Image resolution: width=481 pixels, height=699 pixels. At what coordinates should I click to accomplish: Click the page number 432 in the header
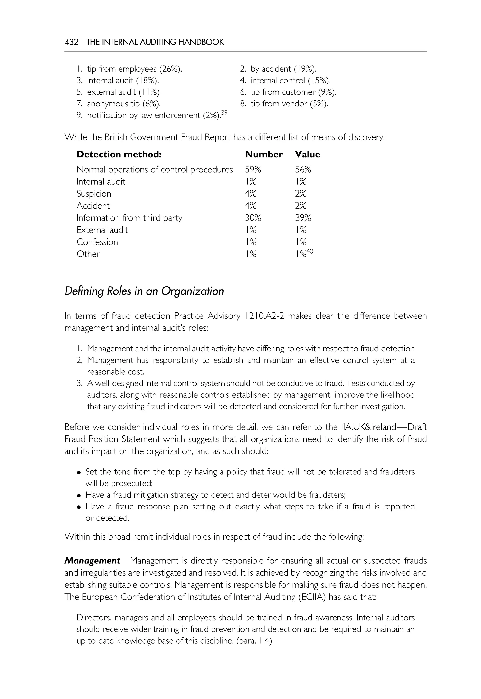[71, 42]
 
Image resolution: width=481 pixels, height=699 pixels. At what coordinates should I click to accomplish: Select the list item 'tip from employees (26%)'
[134, 69]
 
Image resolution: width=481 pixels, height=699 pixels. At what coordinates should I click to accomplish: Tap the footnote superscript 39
[224, 113]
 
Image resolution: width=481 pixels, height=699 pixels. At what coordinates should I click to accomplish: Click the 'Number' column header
[264, 154]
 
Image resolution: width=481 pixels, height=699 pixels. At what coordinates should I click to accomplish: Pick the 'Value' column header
[307, 154]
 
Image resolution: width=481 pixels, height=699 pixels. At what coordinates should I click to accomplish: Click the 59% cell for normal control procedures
[253, 170]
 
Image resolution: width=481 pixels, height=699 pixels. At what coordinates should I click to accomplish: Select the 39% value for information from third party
[303, 218]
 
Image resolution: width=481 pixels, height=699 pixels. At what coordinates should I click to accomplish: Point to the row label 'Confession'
[97, 242]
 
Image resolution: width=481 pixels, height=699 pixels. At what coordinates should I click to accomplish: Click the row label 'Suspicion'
[94, 194]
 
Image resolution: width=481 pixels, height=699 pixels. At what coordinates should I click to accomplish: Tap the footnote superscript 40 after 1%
[310, 251]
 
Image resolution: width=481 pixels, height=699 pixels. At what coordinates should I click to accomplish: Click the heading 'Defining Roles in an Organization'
[144, 291]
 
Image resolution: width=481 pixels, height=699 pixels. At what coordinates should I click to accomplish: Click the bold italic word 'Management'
[92, 561]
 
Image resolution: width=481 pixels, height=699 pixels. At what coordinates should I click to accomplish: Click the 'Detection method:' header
[119, 154]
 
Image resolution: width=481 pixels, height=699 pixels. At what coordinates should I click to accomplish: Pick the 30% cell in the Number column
[253, 218]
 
